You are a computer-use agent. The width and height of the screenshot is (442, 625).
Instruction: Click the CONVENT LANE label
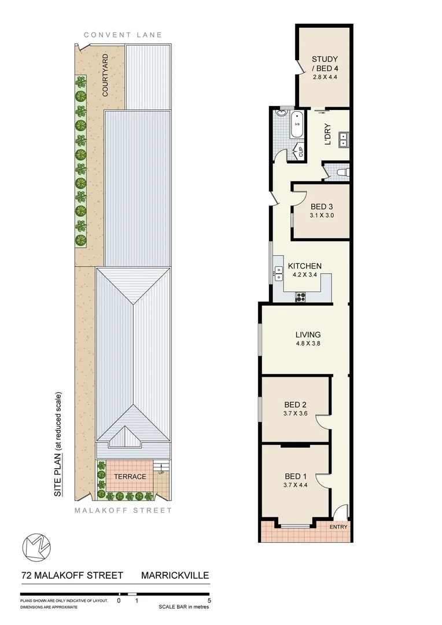[x=123, y=35]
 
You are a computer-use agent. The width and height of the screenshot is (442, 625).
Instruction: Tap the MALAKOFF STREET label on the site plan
[x=123, y=510]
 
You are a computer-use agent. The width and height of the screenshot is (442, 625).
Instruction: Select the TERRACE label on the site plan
[x=126, y=476]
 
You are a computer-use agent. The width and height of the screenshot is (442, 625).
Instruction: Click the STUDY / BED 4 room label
[x=325, y=64]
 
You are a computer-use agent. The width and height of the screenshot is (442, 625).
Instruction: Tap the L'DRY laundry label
[x=327, y=135]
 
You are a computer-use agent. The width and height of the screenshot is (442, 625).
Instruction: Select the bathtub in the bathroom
[x=297, y=127]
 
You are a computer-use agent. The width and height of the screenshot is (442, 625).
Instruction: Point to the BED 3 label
[x=321, y=207]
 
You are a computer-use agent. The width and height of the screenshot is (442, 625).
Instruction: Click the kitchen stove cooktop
[x=301, y=297]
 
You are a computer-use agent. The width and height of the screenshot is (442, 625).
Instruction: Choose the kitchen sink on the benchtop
[x=278, y=273]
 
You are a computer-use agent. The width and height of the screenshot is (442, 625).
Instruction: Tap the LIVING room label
[x=308, y=334]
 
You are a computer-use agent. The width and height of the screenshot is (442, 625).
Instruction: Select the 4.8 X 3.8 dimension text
[x=308, y=344]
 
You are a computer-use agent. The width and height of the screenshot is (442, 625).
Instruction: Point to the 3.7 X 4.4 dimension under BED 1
[x=295, y=485]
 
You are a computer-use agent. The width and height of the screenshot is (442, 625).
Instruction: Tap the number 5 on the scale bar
[x=209, y=601]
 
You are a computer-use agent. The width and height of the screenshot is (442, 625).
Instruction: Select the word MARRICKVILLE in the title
[x=175, y=575]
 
